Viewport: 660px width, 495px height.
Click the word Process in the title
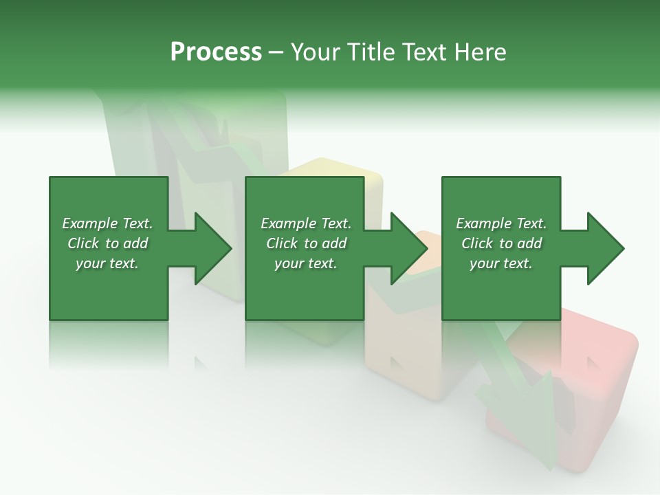click(216, 52)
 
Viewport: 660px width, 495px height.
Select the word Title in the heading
click(372, 52)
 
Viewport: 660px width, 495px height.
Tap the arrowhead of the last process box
click(605, 248)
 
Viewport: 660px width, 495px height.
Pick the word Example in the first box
click(90, 223)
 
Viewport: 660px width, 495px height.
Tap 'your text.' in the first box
click(107, 263)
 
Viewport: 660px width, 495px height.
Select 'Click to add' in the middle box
click(306, 243)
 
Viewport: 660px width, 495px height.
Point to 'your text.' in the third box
click(501, 263)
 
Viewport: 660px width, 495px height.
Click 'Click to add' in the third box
click(501, 243)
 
